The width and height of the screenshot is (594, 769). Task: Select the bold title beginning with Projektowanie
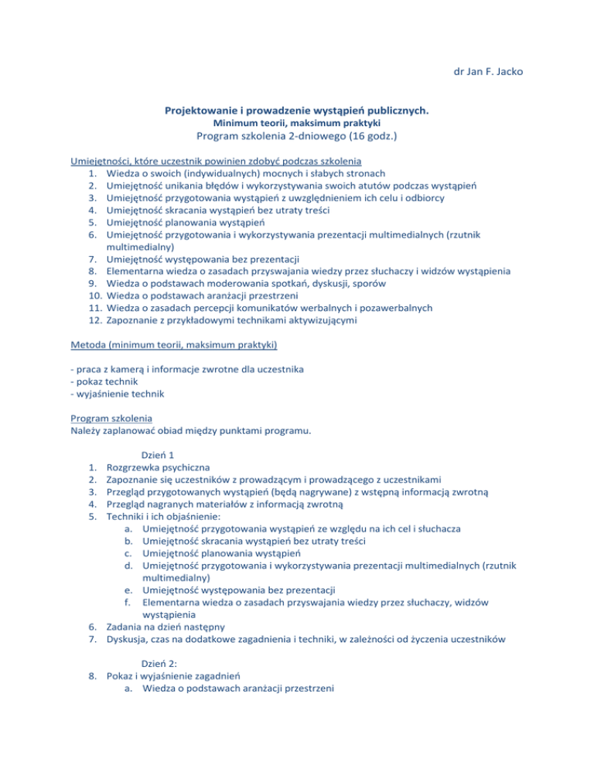click(297, 111)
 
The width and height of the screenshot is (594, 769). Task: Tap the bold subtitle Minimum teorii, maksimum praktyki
click(297, 124)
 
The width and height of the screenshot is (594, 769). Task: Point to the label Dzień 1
click(161, 456)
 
